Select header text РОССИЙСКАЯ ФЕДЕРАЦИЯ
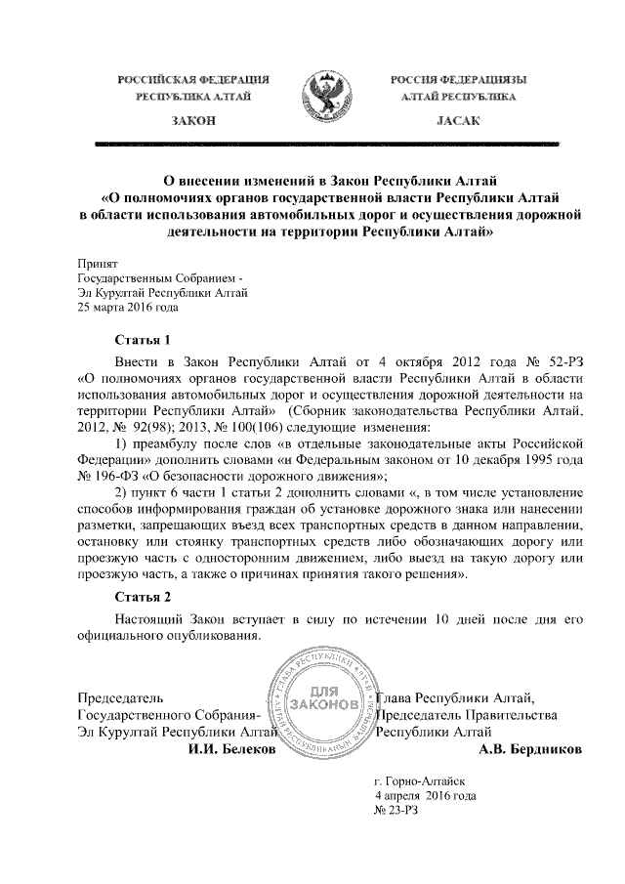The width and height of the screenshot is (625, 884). (193, 78)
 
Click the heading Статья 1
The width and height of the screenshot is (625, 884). (143, 341)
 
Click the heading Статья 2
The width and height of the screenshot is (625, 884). (143, 597)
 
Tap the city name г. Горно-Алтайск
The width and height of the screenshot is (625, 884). (421, 781)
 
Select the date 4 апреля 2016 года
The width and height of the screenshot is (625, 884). (426, 796)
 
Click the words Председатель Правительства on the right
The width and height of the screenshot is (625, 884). (467, 714)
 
